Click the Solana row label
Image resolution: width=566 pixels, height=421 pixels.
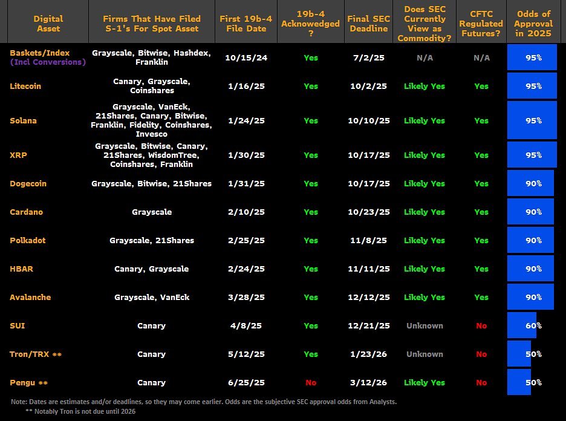23,120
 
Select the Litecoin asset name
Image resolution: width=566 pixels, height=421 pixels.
25,86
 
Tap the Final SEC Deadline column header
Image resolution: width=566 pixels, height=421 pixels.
368,23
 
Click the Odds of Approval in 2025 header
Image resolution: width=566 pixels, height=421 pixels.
533,23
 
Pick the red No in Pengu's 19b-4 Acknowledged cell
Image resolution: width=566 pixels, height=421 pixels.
311,382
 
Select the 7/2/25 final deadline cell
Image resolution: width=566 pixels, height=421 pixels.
368,57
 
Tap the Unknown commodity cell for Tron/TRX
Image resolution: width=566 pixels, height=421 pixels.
424,354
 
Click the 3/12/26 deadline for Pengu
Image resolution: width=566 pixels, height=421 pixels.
368,382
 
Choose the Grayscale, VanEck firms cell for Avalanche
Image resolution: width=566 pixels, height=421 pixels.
151,297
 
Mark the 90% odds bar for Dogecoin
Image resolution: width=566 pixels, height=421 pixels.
530,183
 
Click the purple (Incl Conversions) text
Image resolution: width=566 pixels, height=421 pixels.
48,62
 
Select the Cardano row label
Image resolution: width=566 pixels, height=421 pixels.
26,212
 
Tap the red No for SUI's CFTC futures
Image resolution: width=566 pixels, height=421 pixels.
481,325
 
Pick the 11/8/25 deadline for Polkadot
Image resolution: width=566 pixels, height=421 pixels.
368,240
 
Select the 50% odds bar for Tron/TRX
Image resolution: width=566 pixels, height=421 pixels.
519,354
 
